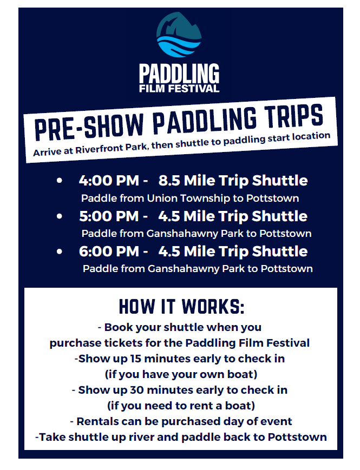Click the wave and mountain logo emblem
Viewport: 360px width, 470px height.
179,35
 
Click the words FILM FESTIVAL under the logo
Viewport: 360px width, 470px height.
179,89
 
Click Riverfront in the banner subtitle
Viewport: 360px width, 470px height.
101,148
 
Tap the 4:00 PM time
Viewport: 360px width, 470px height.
109,181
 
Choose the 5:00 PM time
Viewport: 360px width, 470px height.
109,216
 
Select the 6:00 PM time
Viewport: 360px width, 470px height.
109,251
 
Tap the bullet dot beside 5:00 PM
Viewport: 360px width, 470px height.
60,216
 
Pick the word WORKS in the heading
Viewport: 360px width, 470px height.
212,306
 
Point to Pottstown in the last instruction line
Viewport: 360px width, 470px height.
297,437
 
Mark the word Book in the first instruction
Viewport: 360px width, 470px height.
117,327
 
